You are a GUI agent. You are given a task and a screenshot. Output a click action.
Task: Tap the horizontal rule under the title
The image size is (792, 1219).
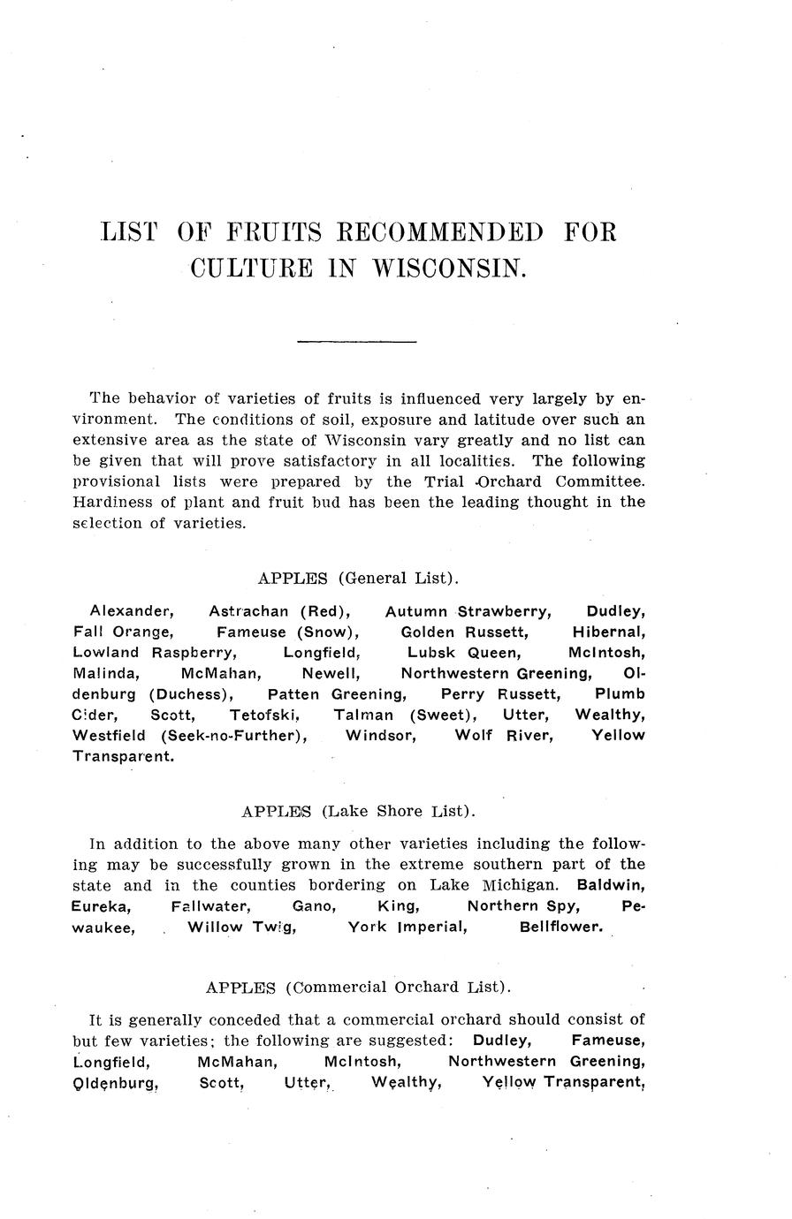coord(356,340)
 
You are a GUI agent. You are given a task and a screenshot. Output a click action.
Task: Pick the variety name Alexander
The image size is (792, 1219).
coord(132,611)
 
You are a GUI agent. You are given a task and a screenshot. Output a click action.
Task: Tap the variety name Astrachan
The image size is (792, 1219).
coord(248,611)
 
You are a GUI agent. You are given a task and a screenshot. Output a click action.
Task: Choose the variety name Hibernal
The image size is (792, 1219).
coord(608,632)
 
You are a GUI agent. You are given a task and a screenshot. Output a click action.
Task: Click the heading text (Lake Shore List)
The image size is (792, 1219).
coord(399,811)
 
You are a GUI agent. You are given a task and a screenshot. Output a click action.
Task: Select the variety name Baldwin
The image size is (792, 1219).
coord(610,885)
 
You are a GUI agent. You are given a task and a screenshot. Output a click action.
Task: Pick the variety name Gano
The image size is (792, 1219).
coord(313,906)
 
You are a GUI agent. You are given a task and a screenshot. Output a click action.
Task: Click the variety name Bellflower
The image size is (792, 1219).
coord(561,927)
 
